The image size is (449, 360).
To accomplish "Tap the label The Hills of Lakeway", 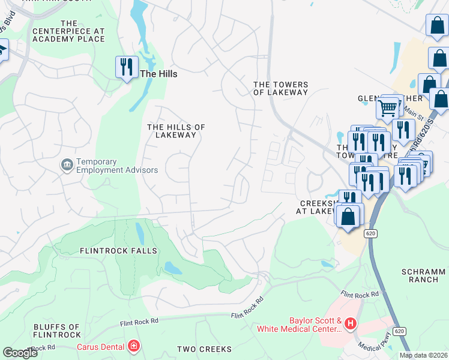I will coord(176,131).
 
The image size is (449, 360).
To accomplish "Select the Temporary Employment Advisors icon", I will coord(67,164).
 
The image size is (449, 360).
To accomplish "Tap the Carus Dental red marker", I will coord(134,346).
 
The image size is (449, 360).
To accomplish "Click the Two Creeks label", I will coord(204,349).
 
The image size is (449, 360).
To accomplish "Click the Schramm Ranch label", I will coord(424,276).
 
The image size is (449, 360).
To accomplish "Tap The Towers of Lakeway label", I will coord(280,89).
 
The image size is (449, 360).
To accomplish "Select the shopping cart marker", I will coord(388,109).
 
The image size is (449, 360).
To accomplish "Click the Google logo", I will coord(20,353).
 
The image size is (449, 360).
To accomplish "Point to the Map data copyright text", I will coord(423,355).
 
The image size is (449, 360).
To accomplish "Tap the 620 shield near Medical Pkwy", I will coord(399,331).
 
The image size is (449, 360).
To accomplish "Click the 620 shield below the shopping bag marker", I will coord(370,232).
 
